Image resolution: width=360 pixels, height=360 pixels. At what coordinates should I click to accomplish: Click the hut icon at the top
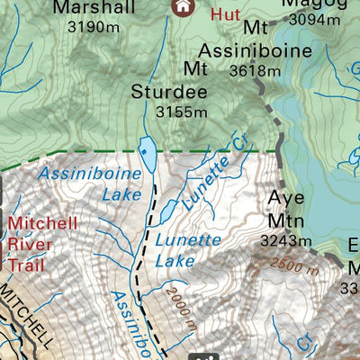[184, 6]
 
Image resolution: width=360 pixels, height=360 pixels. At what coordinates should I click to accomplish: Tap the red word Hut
[225, 14]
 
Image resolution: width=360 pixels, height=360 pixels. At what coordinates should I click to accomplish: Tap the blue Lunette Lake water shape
[169, 211]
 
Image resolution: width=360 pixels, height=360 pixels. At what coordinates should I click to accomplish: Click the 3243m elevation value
[285, 240]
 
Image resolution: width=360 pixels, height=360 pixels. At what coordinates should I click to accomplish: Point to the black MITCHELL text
[27, 315]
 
